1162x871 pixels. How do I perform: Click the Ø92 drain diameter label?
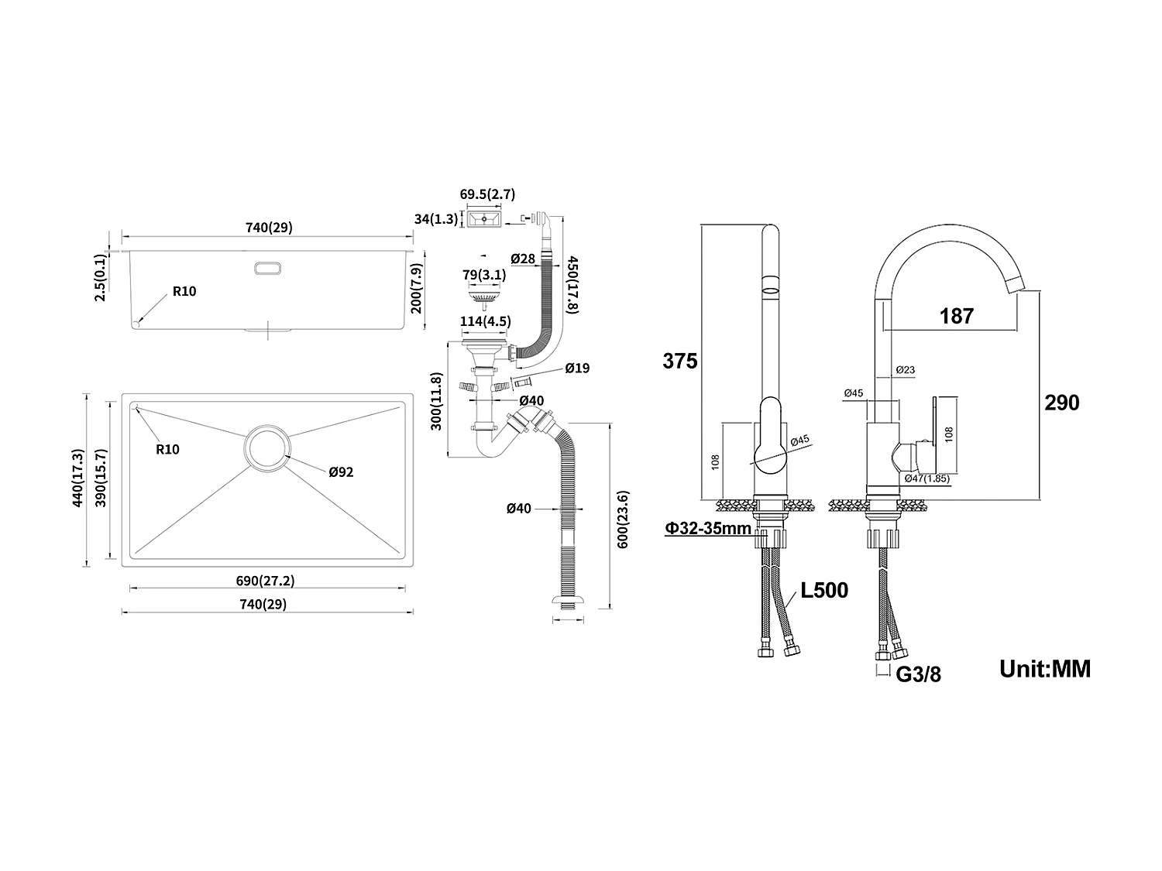click(x=341, y=472)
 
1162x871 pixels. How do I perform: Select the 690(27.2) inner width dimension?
click(x=265, y=580)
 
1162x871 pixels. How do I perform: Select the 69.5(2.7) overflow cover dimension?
click(x=487, y=194)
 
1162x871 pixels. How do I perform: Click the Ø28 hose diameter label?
click(x=523, y=259)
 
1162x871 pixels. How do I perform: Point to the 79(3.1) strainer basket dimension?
click(x=484, y=275)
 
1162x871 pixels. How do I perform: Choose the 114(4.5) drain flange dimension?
click(x=486, y=321)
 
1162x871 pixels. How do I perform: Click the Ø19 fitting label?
click(x=577, y=369)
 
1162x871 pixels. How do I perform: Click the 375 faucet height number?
click(x=680, y=361)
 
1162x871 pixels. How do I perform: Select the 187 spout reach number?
click(x=956, y=316)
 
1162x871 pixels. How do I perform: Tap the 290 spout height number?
click(x=1061, y=403)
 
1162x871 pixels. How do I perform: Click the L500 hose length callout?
click(x=824, y=591)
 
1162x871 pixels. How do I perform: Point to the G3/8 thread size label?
click(x=918, y=674)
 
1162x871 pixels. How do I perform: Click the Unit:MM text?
click(x=1044, y=668)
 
